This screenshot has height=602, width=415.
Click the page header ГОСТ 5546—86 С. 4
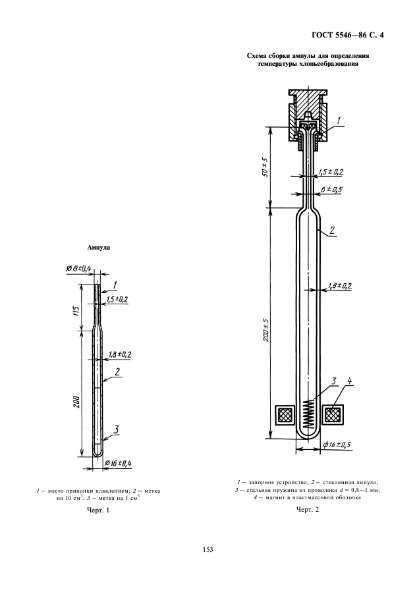348,36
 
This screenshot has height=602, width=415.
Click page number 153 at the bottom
207,549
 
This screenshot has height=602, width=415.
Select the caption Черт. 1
99,510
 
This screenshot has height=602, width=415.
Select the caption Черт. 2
308,510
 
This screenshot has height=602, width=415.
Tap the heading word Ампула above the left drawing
99,248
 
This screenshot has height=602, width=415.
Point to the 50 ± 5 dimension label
265,167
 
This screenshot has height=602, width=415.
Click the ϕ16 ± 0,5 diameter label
337,445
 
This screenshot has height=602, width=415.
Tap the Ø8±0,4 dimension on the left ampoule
78,269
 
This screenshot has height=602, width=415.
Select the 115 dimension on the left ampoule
76,311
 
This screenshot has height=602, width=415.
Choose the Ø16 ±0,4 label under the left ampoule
118,462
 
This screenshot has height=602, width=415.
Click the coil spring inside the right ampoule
309,415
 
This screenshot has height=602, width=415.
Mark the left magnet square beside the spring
286,415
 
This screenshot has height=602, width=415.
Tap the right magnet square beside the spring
332,415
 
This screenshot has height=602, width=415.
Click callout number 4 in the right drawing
350,381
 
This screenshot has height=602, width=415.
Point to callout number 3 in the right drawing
334,381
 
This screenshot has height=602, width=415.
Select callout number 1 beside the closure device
339,121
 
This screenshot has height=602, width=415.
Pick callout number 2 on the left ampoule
117,371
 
